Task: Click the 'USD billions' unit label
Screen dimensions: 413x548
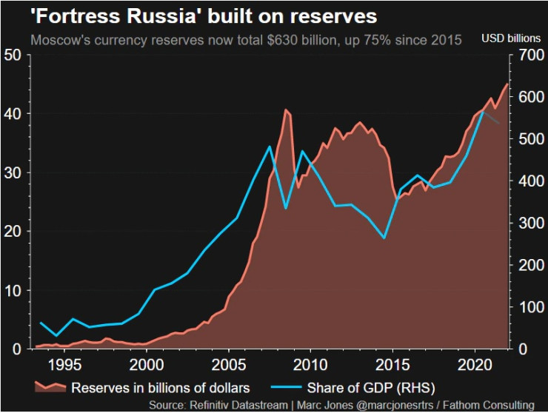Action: coord(511,38)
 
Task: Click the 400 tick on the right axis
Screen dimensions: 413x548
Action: coord(529,181)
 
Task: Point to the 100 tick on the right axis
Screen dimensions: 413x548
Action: coord(529,306)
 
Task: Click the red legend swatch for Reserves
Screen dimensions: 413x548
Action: coord(50,386)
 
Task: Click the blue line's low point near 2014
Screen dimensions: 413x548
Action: coord(384,238)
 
